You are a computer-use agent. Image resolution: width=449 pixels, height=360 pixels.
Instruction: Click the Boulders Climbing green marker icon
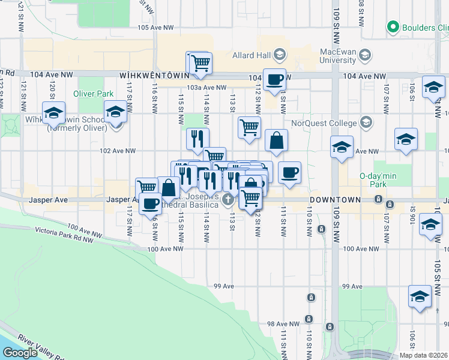394,27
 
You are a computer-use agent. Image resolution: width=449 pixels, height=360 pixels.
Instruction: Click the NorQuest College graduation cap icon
366,124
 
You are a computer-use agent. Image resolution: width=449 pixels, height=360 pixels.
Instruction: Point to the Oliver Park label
93,94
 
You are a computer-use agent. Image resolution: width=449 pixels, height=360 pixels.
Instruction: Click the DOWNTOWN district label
336,199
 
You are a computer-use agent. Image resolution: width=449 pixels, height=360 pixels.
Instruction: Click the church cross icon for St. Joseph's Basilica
228,199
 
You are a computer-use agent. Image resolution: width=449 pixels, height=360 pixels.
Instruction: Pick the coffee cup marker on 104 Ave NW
275,79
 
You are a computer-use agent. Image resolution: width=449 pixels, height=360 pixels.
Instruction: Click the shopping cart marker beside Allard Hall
200,62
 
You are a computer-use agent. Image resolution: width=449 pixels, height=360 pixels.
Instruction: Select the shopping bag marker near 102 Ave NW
276,142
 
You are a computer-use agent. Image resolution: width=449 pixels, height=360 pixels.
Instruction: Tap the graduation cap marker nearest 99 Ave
420,296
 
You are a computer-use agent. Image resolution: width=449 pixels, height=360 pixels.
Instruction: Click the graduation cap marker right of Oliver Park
115,112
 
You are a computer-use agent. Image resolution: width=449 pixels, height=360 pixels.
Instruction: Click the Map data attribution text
423,355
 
